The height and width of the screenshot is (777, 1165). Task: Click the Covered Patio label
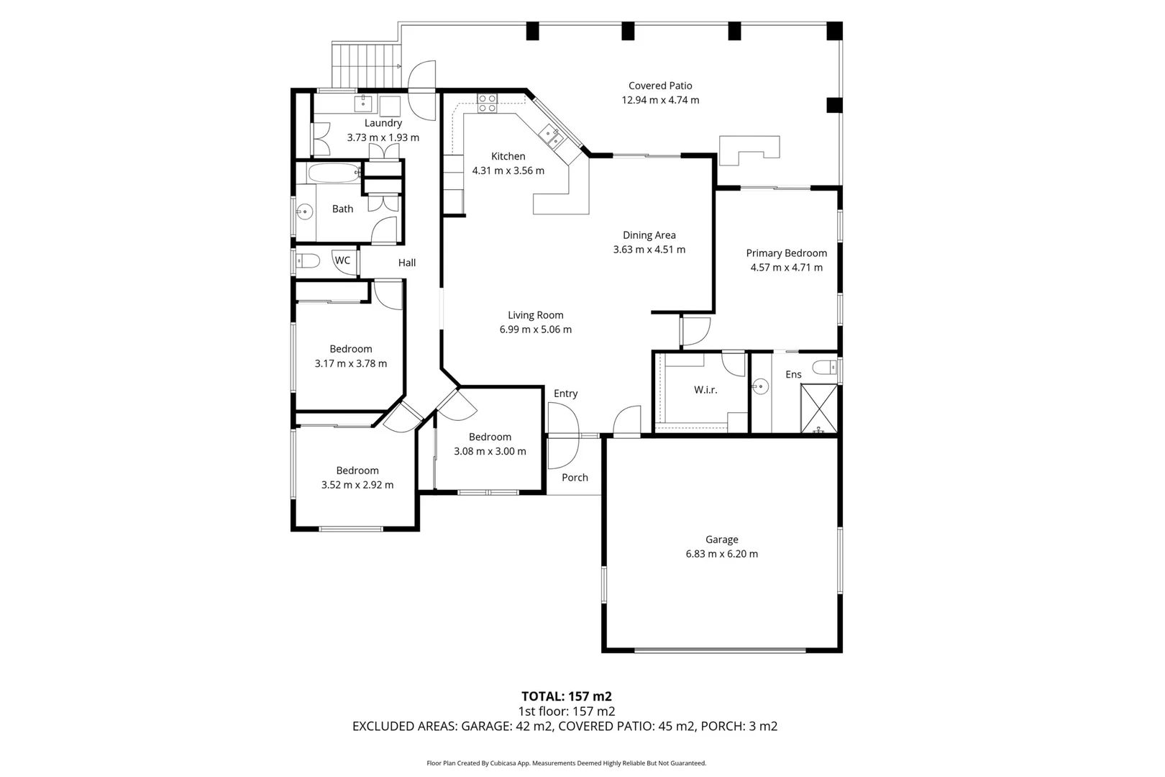(659, 86)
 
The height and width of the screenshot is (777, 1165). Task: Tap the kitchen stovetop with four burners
(487, 103)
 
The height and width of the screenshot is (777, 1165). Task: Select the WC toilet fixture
(308, 260)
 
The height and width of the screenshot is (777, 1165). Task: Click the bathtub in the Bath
(334, 173)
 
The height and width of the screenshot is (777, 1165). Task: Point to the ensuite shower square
(819, 409)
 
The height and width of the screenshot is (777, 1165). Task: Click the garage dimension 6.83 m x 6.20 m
(721, 554)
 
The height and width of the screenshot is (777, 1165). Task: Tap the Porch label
(575, 478)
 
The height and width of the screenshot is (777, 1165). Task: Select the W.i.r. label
(705, 390)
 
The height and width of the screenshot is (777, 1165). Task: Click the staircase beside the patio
(365, 65)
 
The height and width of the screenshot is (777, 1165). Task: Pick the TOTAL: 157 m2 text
(566, 696)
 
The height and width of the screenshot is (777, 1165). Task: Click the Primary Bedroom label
(786, 253)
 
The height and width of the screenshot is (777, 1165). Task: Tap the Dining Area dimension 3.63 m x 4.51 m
(649, 250)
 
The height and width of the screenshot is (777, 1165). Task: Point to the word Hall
(407, 263)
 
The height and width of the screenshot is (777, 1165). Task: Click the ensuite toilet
(825, 368)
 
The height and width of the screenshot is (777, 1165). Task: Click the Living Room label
(535, 315)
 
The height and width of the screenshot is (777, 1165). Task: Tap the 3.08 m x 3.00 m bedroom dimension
(490, 452)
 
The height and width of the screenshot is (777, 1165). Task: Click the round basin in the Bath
(305, 212)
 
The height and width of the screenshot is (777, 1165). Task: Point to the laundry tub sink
(364, 104)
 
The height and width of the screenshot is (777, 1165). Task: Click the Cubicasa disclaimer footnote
(566, 763)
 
